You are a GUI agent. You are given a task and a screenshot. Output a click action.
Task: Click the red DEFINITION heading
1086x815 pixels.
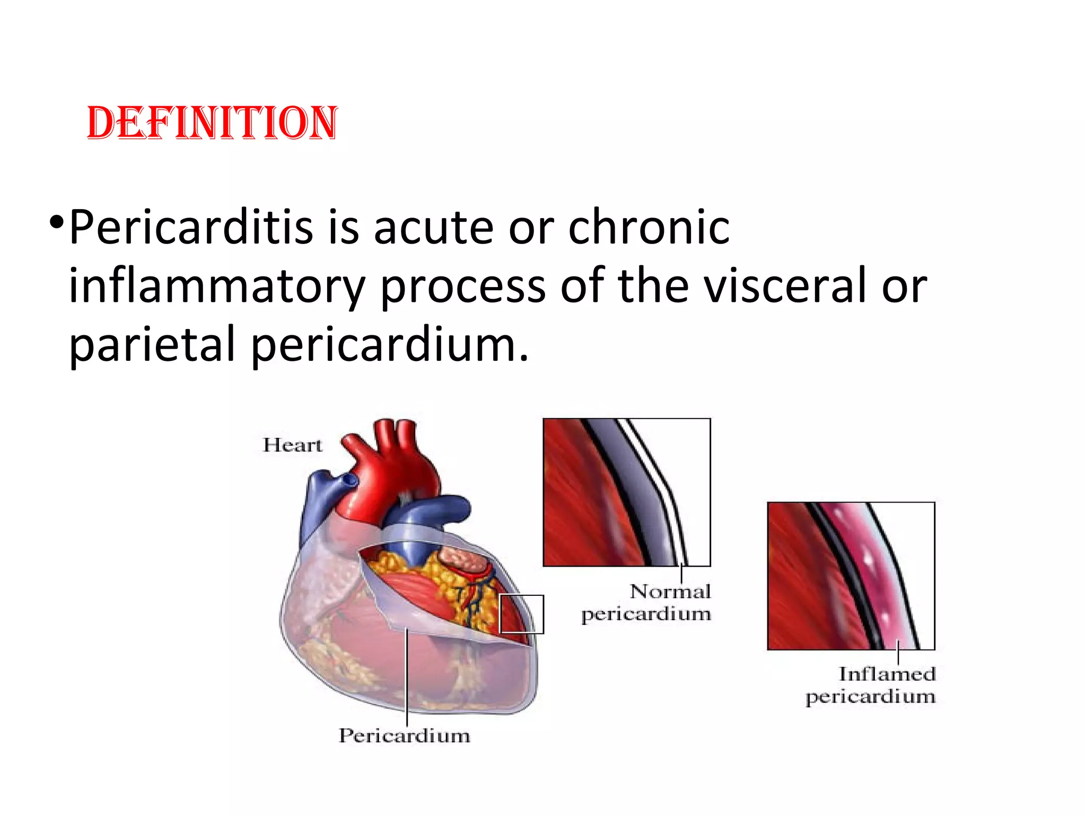pos(212,123)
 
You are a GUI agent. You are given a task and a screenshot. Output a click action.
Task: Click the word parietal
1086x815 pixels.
pos(152,345)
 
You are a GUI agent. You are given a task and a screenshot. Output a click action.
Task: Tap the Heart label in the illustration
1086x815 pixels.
pos(292,445)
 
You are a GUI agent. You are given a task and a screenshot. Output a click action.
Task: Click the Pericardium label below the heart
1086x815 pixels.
pos(404,735)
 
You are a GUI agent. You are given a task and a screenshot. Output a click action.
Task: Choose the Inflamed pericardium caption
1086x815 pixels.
pos(871,685)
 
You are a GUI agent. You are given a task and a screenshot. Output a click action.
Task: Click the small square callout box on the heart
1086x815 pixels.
pos(522,614)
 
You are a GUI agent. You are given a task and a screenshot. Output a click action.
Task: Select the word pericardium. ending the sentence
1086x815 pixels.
pos(389,345)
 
